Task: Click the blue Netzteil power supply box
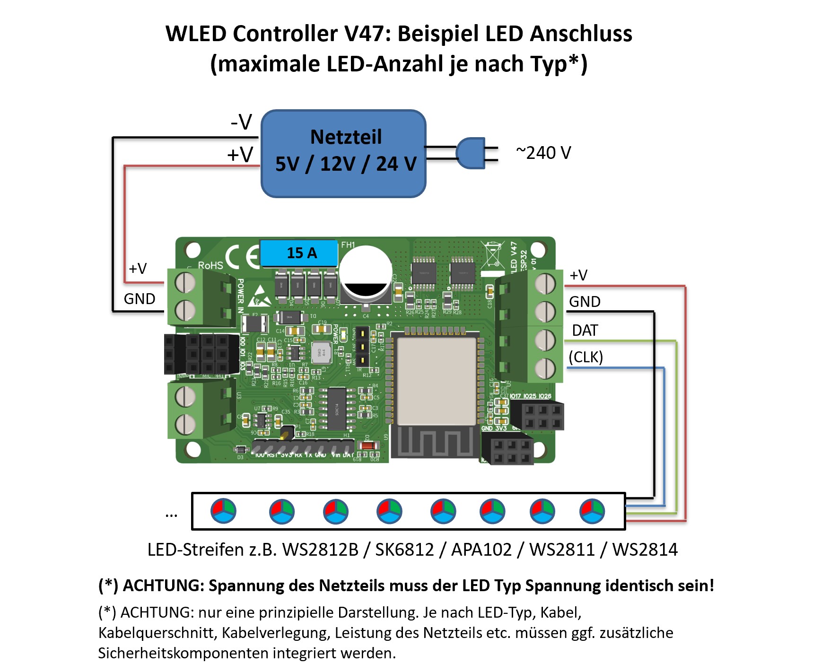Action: pos(343,153)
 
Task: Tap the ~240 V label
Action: pos(543,153)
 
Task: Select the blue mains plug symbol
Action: pos(471,153)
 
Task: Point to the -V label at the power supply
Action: pos(241,122)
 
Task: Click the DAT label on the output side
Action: pos(585,330)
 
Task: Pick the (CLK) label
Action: pos(585,357)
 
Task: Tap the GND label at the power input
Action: pos(140,299)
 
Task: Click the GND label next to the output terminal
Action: pos(585,302)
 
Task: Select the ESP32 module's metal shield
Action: pos(436,381)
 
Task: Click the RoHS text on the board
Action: pos(210,265)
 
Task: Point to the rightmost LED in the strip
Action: pos(592,511)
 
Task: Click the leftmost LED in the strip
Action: pos(223,511)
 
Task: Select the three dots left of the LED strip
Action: pos(171,515)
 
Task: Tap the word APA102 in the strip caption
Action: pos(481,550)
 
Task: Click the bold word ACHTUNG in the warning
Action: pos(163,585)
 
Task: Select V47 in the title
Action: pos(367,34)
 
